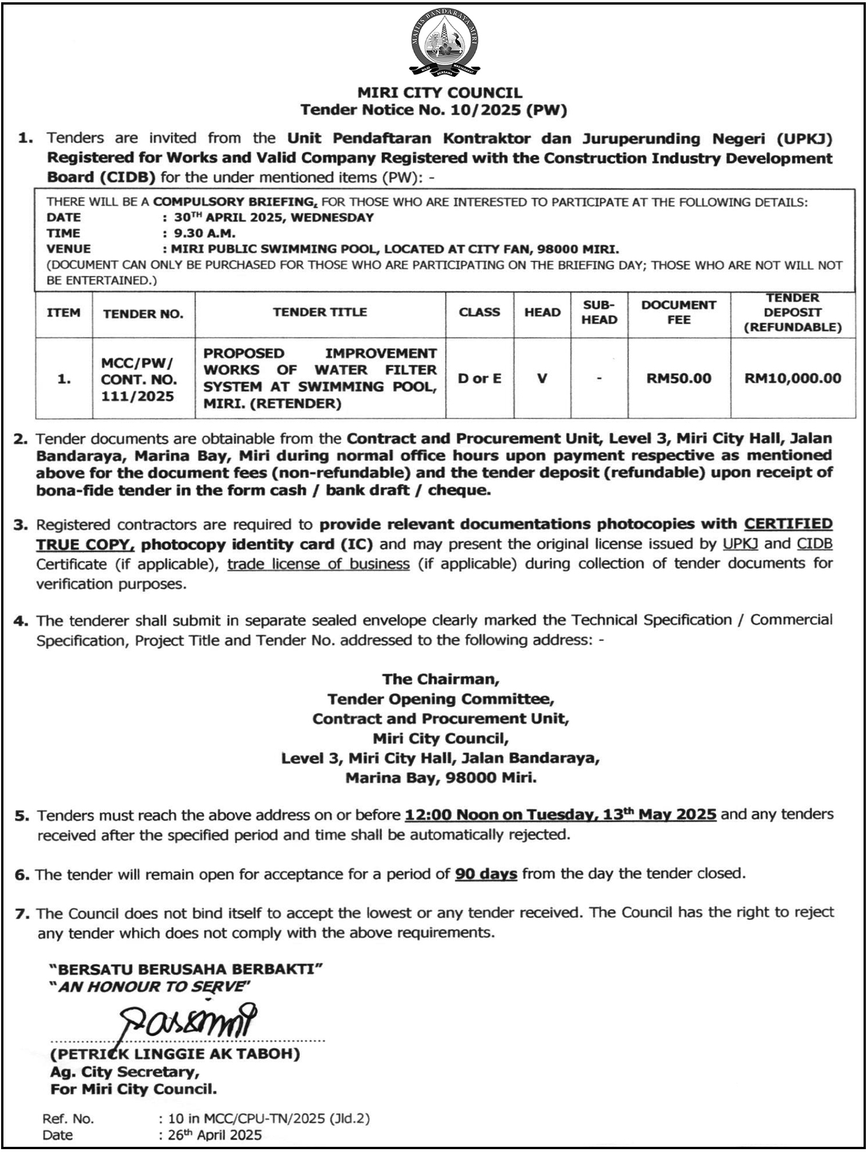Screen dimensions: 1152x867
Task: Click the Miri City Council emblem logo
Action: point(445,42)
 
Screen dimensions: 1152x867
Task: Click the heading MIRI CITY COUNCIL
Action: point(440,93)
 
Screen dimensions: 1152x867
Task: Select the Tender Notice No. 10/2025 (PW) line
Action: point(433,110)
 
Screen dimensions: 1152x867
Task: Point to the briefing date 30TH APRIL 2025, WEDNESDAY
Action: point(274,218)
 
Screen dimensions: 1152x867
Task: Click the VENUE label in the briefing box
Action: point(69,249)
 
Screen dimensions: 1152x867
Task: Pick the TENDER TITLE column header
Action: point(319,313)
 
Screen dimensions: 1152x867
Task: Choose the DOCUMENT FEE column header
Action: point(678,313)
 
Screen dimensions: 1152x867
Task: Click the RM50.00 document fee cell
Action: point(678,379)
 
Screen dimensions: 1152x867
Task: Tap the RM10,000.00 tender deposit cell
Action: point(792,379)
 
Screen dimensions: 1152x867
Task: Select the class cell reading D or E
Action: point(479,379)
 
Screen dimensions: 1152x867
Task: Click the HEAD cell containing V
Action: point(542,379)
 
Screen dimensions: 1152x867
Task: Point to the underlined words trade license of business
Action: point(318,565)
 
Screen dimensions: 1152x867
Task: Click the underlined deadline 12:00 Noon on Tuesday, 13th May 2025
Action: point(560,815)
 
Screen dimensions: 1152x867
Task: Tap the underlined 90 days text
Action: point(486,874)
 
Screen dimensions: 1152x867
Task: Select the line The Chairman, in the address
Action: point(440,679)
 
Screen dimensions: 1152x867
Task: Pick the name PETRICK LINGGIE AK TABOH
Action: point(175,1054)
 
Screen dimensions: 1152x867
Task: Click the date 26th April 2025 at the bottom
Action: point(214,1135)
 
